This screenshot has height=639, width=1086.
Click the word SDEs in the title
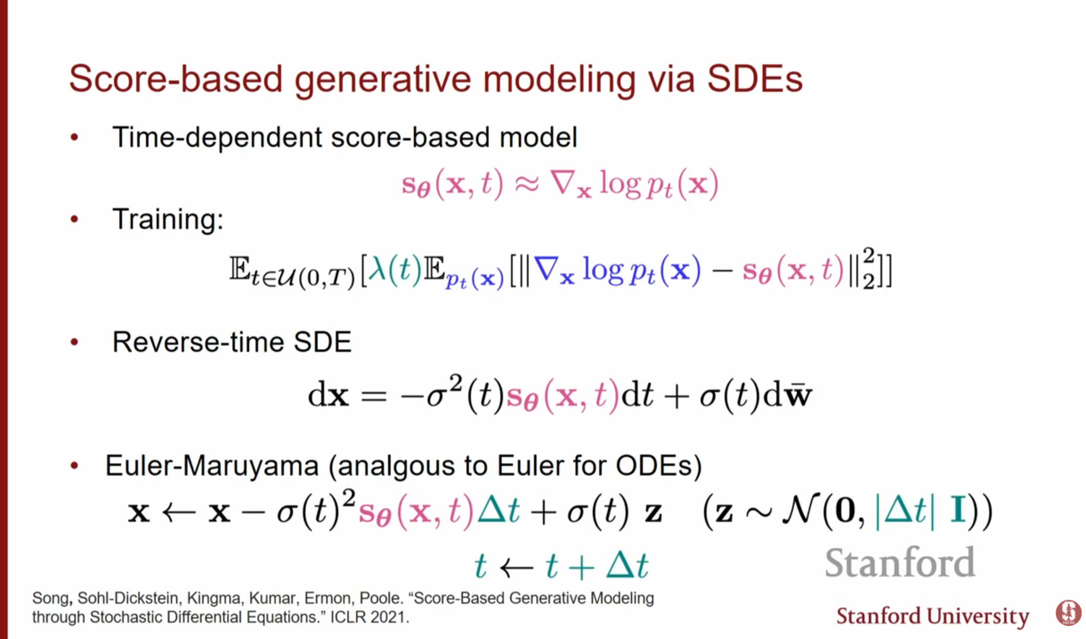click(755, 79)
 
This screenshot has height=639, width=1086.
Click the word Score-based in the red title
click(176, 79)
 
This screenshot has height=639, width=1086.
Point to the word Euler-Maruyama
click(212, 466)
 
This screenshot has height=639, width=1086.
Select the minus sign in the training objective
click(722, 272)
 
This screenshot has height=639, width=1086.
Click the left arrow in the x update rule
click(179, 512)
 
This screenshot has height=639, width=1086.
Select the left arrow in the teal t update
click(517, 568)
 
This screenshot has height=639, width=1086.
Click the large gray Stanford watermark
click(900, 563)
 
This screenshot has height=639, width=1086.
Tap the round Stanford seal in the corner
click(1068, 613)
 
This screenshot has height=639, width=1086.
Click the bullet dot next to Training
click(74, 219)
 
